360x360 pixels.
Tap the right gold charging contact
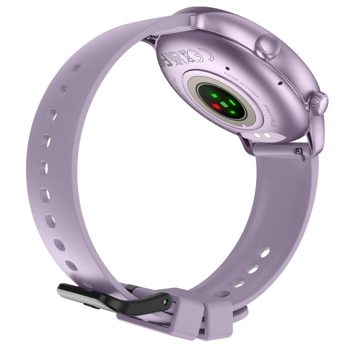click(x=267, y=136)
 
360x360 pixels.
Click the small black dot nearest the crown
click(x=279, y=84)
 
